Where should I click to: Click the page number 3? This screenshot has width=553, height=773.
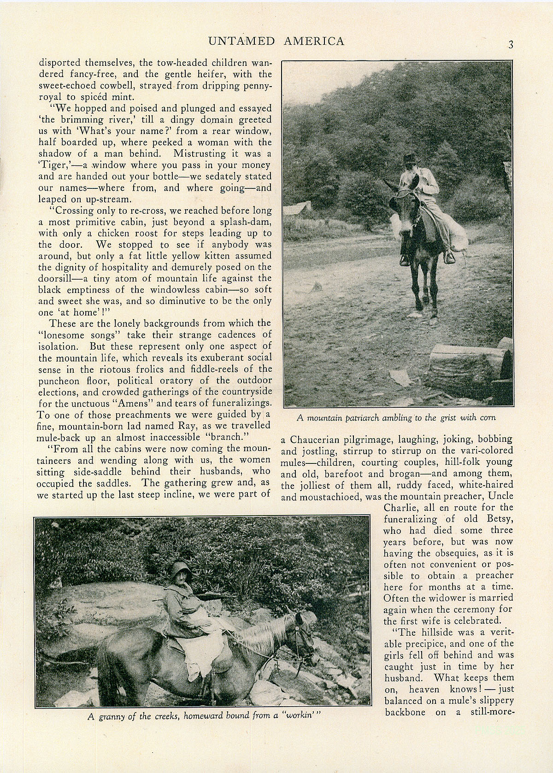pyautogui.click(x=511, y=45)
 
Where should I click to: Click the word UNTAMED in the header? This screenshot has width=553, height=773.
pyautogui.click(x=239, y=41)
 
